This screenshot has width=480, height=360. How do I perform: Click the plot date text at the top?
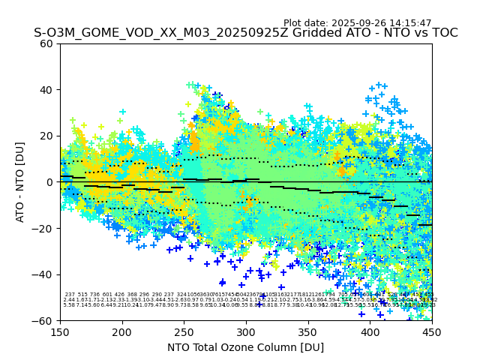tap(367, 23)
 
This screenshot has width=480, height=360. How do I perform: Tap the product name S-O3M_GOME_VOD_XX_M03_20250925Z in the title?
tap(152, 34)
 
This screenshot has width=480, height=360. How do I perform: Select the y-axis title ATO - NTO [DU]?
tap(21, 181)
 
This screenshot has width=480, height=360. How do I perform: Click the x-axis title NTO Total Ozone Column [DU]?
tap(246, 348)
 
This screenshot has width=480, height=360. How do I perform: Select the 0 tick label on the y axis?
tap(50, 182)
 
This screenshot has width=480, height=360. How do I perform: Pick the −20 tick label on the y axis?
tap(44, 228)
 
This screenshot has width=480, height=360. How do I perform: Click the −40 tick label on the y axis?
tap(44, 274)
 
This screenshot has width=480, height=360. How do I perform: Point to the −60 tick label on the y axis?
tap(44, 320)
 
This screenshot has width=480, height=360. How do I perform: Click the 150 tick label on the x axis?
tap(61, 331)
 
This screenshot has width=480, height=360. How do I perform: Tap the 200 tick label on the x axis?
tap(122, 331)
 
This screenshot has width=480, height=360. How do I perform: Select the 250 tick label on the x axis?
tap(184, 331)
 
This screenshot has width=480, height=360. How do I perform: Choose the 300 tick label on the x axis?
tap(246, 331)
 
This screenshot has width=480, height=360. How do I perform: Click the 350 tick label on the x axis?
tap(308, 331)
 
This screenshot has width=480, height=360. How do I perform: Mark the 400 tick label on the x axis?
tap(370, 331)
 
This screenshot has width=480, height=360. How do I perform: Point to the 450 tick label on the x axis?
tap(432, 331)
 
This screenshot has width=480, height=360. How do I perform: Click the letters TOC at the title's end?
tap(442, 34)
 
